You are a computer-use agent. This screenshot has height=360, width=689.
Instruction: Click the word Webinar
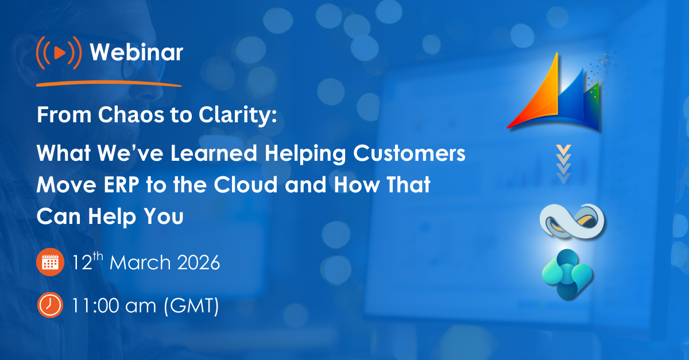point(137,53)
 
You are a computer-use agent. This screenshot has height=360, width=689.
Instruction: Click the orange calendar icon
point(50,264)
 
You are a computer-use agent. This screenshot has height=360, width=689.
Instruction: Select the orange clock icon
point(50,305)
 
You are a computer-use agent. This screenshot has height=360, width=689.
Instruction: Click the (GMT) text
point(191,305)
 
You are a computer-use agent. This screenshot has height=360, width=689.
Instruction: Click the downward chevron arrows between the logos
point(565,164)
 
